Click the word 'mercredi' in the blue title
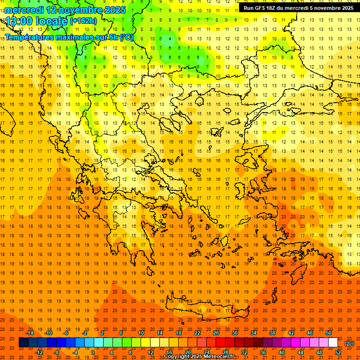(23, 10)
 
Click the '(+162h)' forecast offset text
(83, 21)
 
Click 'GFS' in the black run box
(262, 8)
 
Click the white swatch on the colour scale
(333, 343)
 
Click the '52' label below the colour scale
(338, 352)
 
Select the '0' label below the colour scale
(92, 352)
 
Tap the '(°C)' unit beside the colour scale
(349, 343)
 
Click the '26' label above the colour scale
(216, 333)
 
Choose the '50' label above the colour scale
(329, 333)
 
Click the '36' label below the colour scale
(263, 352)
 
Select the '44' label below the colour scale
(300, 352)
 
